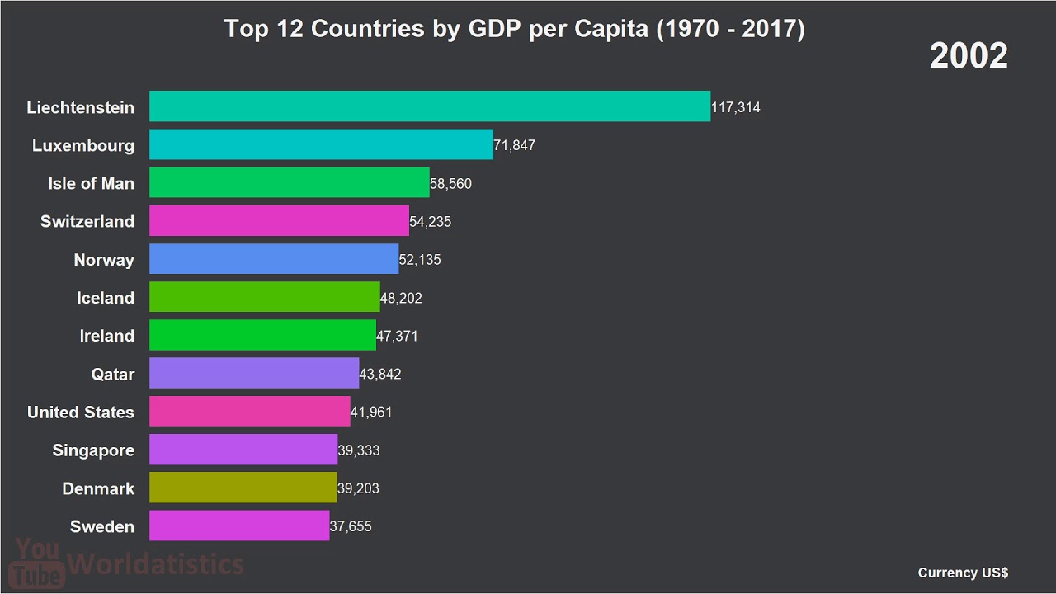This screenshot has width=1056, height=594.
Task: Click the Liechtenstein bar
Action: coord(429,106)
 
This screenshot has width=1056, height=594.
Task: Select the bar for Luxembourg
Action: coord(321,144)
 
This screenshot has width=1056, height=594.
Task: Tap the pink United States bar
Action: coord(249,412)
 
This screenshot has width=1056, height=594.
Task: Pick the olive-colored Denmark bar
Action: coord(243,488)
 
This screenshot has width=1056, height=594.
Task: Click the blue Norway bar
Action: coord(274,259)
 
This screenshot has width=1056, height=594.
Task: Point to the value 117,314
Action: coord(736,107)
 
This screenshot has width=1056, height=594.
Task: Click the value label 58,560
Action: coord(450,184)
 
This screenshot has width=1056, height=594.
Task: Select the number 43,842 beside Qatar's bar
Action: coord(380,375)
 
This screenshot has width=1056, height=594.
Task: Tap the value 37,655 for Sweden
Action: coord(351,526)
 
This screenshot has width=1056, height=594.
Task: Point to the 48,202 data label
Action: coord(401,298)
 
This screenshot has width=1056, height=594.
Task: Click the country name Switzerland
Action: coord(87,221)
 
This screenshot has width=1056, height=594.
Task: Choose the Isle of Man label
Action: coord(91,183)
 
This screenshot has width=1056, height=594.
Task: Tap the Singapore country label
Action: coord(93,450)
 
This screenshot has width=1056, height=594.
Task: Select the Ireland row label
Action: coord(106,336)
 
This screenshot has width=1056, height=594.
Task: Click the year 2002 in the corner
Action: coord(969,56)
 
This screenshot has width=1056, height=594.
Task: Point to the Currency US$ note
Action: coord(963,573)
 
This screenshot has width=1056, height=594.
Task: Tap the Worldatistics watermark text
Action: coord(155,564)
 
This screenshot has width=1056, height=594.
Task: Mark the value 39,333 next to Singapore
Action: coord(359,450)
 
